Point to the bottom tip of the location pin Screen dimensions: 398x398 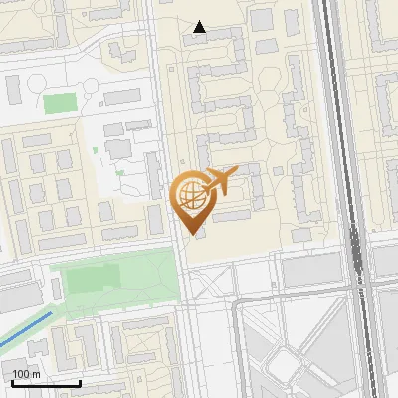[192, 234]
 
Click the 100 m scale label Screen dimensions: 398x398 [26, 374]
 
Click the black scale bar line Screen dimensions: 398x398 [47, 383]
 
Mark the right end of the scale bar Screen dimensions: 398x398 [80, 383]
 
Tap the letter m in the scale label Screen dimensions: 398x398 [36, 374]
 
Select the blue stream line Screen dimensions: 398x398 [25, 332]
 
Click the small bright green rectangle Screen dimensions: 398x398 [60, 102]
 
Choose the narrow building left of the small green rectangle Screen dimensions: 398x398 [14, 90]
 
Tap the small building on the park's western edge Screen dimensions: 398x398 [56, 288]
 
